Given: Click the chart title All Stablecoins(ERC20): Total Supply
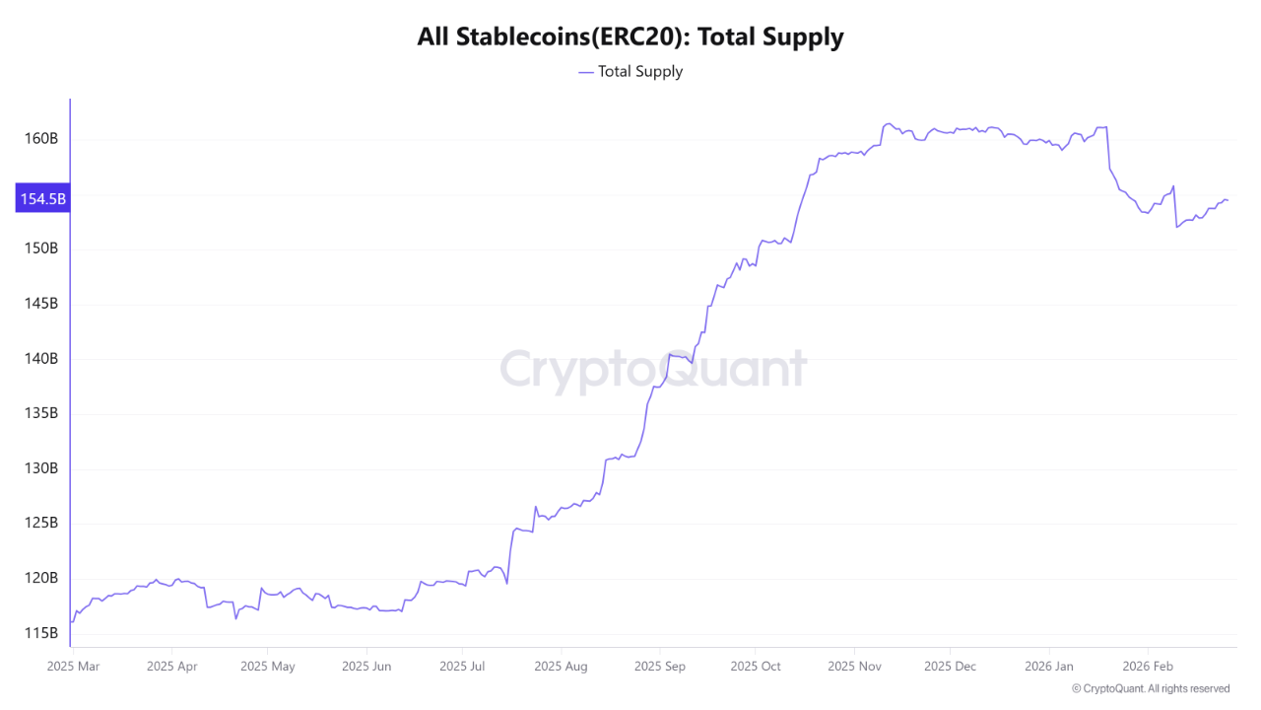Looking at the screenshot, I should tap(630, 37).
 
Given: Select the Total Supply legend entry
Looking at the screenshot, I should tap(630, 71).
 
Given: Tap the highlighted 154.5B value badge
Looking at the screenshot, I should tap(42, 198).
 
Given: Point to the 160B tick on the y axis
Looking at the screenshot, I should tap(40, 138).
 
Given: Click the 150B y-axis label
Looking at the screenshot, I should tap(40, 248).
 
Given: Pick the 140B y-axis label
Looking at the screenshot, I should tap(40, 358).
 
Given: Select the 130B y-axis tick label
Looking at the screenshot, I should tap(40, 467).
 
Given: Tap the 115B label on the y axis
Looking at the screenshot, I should tap(40, 632).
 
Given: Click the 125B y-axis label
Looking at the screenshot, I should tap(40, 523).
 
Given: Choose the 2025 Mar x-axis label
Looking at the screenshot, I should tap(74, 667).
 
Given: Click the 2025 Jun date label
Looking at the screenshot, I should tap(366, 667).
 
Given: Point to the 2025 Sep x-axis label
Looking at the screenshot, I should tap(660, 667).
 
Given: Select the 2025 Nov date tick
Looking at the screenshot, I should tap(855, 667).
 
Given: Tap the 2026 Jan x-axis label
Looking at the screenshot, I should tap(1049, 667).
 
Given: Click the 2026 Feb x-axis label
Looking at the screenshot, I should tap(1149, 667).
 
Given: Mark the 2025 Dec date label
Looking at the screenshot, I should tap(951, 667).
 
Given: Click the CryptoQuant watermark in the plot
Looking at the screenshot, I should tap(652, 370).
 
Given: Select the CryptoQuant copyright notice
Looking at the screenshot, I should tap(1150, 688).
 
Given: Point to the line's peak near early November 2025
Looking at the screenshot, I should tap(889, 123).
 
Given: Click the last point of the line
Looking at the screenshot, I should tap(1228, 200).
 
